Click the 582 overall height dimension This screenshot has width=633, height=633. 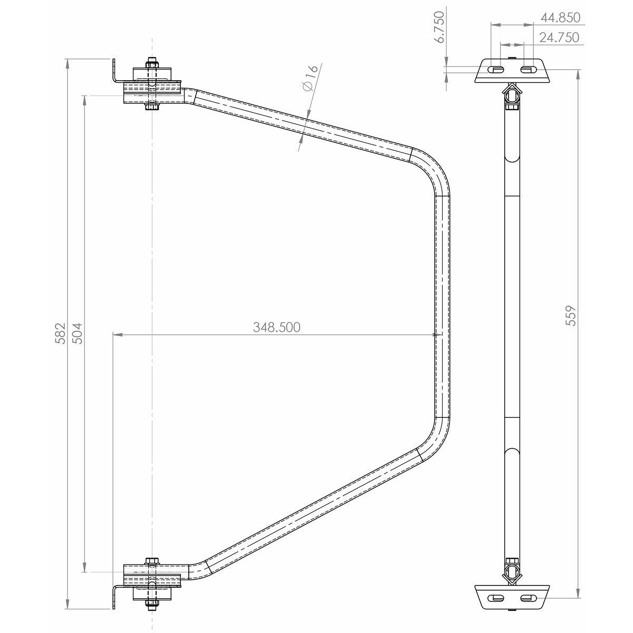[x=60, y=333]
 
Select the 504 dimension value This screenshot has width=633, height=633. [x=77, y=333]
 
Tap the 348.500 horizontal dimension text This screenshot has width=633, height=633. [x=276, y=327]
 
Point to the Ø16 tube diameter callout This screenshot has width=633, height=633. [x=310, y=78]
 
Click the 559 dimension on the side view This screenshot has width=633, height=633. [x=571, y=315]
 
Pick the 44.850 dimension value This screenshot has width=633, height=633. [x=560, y=17]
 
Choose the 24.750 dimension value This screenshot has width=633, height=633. [x=559, y=37]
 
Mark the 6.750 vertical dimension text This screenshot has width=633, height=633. [x=439, y=27]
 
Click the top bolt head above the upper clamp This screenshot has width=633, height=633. [x=151, y=63]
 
